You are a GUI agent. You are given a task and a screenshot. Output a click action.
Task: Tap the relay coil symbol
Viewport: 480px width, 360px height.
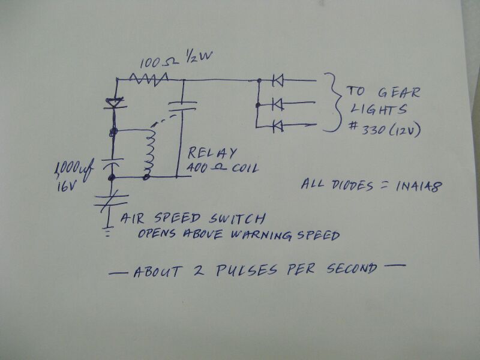149,152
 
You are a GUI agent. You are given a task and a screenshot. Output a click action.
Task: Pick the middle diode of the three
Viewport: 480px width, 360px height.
277,105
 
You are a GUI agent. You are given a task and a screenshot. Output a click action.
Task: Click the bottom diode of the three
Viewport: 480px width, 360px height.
277,126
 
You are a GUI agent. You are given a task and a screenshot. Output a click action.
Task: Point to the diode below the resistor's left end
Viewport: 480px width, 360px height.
113,104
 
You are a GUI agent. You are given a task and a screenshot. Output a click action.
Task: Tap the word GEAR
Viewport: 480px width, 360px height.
399,92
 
